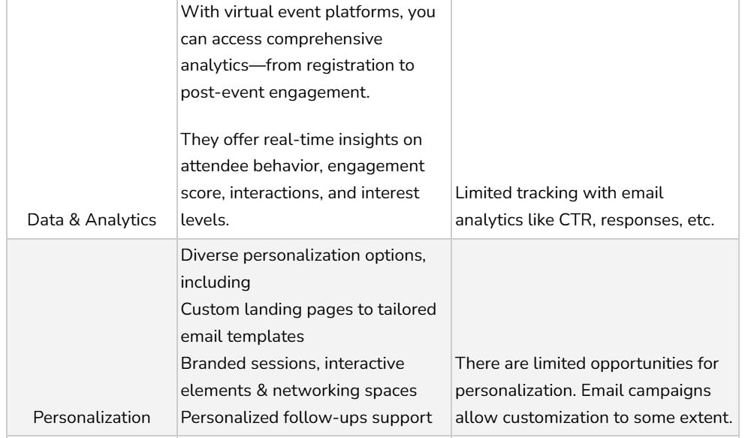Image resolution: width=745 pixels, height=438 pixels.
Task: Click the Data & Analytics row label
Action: [92, 220]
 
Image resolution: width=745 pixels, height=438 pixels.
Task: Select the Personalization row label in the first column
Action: [91, 417]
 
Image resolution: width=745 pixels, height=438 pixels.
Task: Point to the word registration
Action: [354, 65]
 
